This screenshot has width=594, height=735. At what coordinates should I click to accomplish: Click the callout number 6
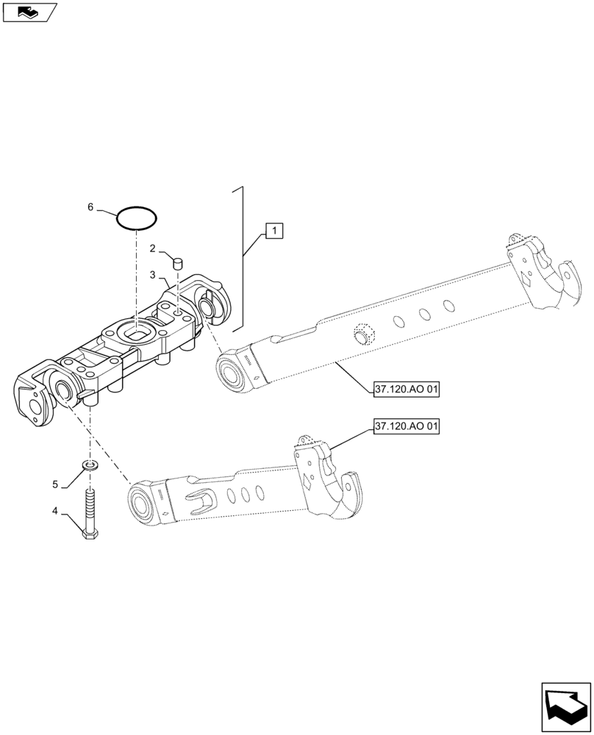[x=90, y=208]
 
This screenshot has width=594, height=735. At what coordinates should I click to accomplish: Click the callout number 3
[x=152, y=275]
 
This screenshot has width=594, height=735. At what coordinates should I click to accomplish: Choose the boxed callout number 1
[x=273, y=232]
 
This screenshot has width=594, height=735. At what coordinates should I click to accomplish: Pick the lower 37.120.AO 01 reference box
[x=406, y=426]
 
